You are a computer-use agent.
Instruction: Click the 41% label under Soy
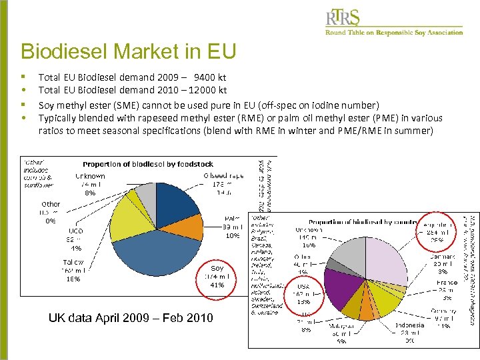pos(217,285)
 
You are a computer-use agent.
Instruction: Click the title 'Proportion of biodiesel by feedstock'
pos(148,164)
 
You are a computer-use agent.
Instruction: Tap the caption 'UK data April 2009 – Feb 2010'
pos(131,318)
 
